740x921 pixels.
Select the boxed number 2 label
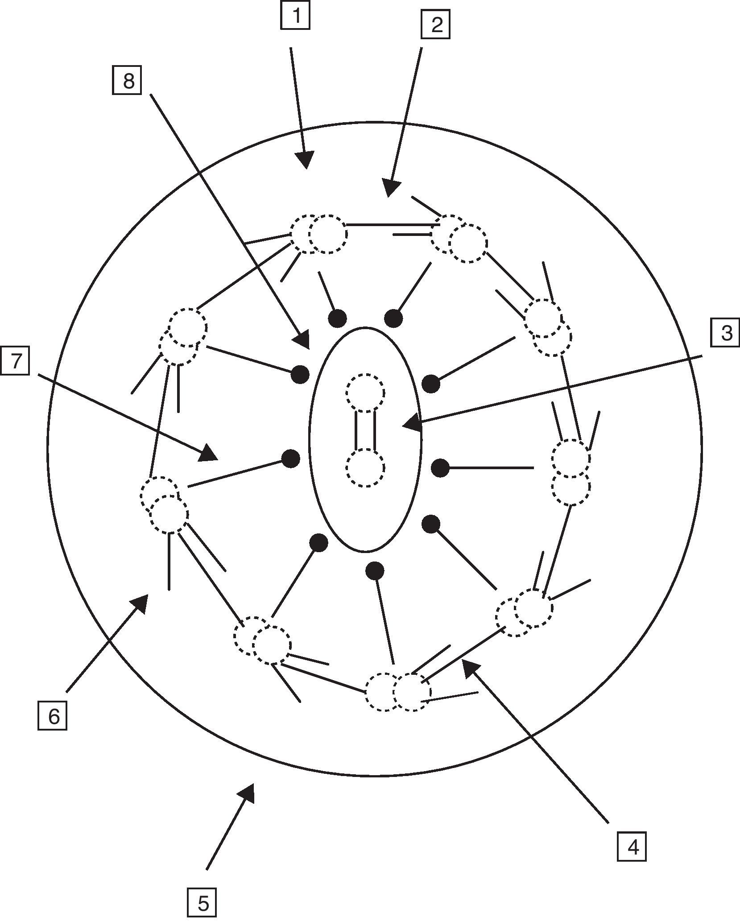[435, 25]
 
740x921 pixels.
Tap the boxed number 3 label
[725, 333]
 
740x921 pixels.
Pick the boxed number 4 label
[632, 846]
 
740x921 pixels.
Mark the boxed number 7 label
[15, 361]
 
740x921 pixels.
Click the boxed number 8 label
[127, 81]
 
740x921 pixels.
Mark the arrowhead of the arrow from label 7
[209, 454]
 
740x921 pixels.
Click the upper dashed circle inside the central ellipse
[365, 393]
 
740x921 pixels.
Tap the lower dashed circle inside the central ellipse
[365, 468]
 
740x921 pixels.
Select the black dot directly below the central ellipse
[375, 570]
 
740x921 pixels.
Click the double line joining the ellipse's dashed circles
[365, 430]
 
